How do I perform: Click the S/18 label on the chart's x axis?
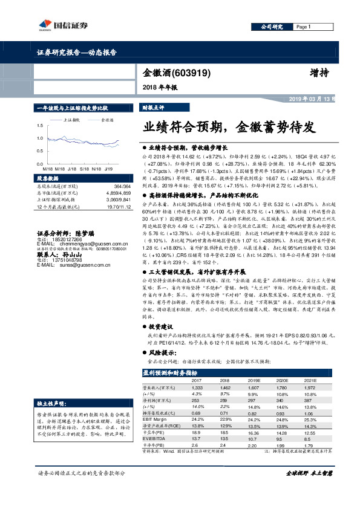(84, 170)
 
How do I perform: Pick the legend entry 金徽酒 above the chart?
(107, 120)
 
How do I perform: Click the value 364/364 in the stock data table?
(122, 187)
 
